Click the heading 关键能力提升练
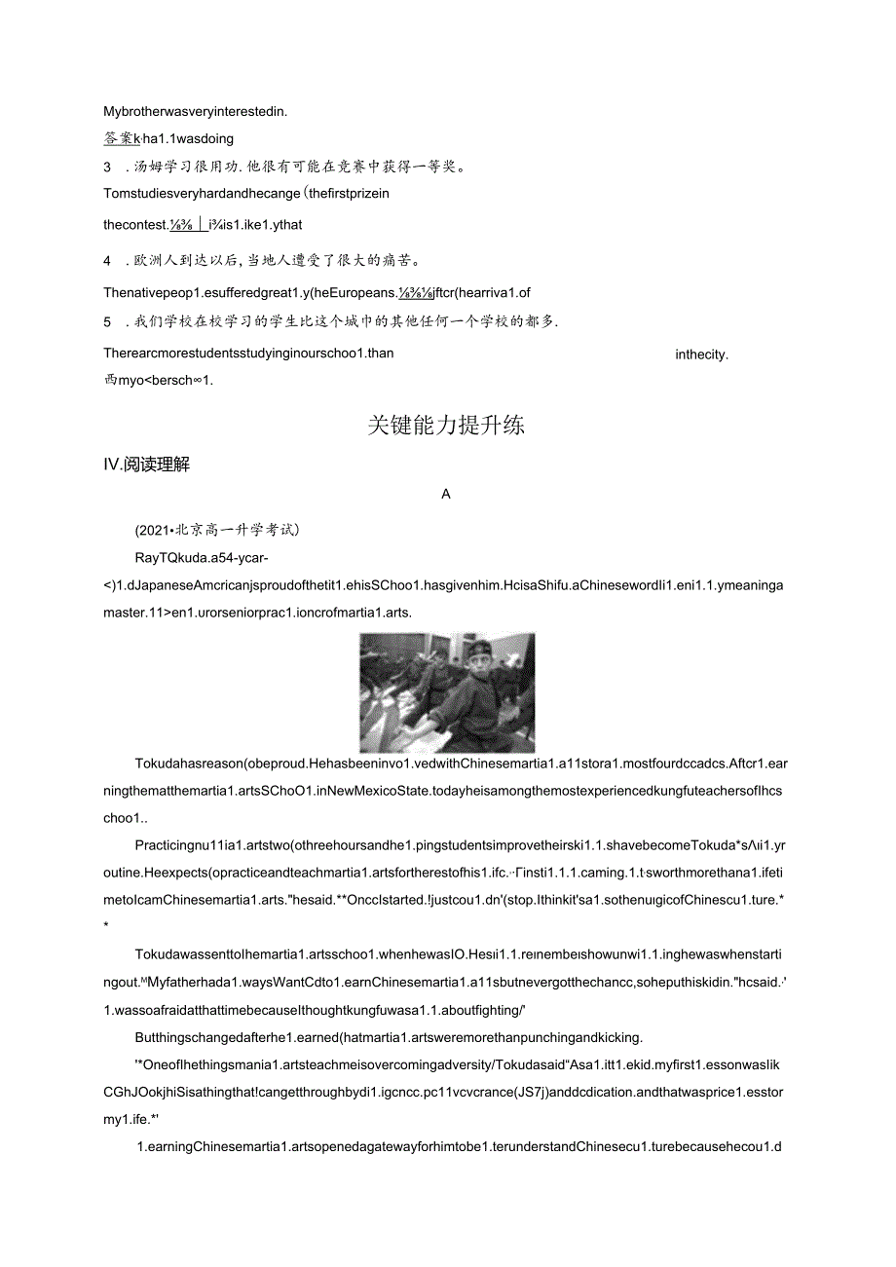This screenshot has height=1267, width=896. click(x=446, y=426)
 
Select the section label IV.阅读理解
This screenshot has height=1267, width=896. click(x=146, y=465)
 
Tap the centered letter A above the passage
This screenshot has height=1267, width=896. click(x=446, y=494)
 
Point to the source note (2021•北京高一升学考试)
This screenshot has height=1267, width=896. click(x=217, y=530)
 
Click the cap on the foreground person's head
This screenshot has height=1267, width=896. click(x=482, y=648)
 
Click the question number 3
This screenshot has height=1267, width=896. click(x=107, y=166)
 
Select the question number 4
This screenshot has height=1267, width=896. click(x=107, y=261)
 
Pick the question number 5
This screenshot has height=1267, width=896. click(x=107, y=321)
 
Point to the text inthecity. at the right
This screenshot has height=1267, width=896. click(x=701, y=354)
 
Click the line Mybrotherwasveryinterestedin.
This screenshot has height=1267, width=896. click(x=195, y=111)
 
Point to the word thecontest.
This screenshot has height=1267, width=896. click(x=135, y=225)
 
